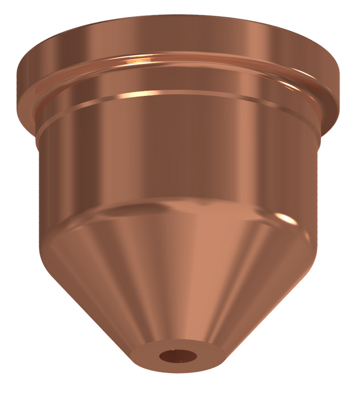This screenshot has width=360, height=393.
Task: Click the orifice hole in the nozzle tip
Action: coord(176,356)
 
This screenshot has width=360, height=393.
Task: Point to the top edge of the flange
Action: coord(180,17)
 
